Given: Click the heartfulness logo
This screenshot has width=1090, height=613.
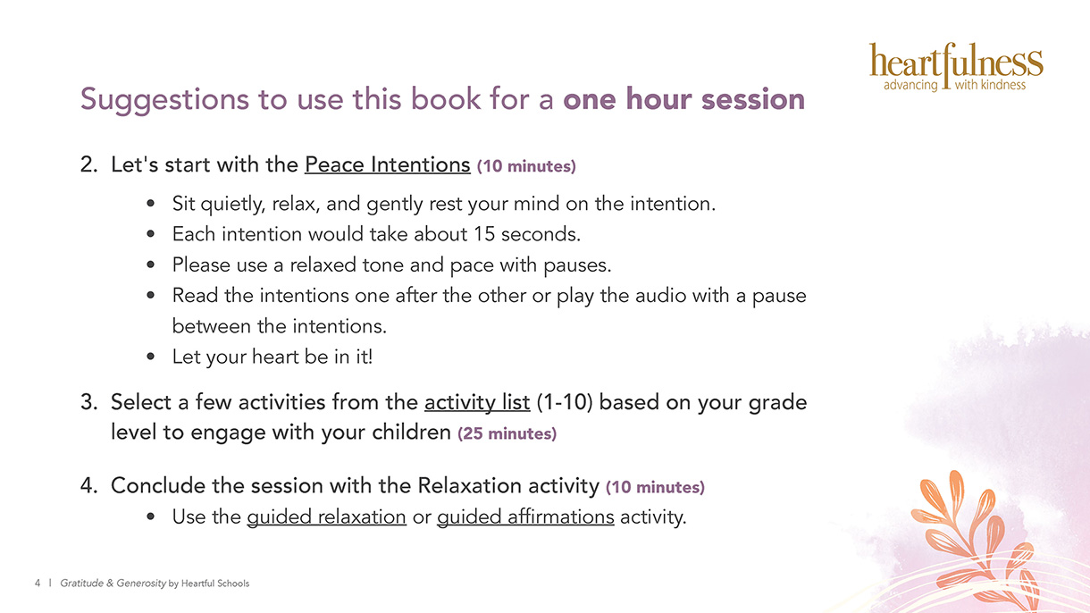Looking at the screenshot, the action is pos(956,67).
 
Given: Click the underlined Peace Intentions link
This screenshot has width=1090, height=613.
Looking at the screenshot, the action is pos(388,164).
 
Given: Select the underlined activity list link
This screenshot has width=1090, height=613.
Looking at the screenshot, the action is pos(477,403).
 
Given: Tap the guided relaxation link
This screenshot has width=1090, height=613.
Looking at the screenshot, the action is pos(326,516).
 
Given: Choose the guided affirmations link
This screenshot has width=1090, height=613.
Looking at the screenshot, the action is pos(525,516).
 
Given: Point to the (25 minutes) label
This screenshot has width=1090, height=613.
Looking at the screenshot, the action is pos(507,433).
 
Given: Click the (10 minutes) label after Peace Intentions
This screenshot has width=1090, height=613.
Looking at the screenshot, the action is pos(526,166).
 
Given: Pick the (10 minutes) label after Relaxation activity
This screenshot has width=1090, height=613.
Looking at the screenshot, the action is pos(655,487).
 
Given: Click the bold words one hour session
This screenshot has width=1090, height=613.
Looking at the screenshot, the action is pos(683,99).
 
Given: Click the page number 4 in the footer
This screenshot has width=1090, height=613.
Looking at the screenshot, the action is pos(38,583).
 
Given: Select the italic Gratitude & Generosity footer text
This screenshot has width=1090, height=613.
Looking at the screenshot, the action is pos(113,583).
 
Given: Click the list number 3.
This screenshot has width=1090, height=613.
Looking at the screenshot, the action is pos(89,402).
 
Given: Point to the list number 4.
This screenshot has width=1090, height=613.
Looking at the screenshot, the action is pos(89,485).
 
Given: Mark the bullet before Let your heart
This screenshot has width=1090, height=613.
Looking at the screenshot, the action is pos(150,357).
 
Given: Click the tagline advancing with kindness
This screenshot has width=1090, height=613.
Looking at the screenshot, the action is pos(955,85).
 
